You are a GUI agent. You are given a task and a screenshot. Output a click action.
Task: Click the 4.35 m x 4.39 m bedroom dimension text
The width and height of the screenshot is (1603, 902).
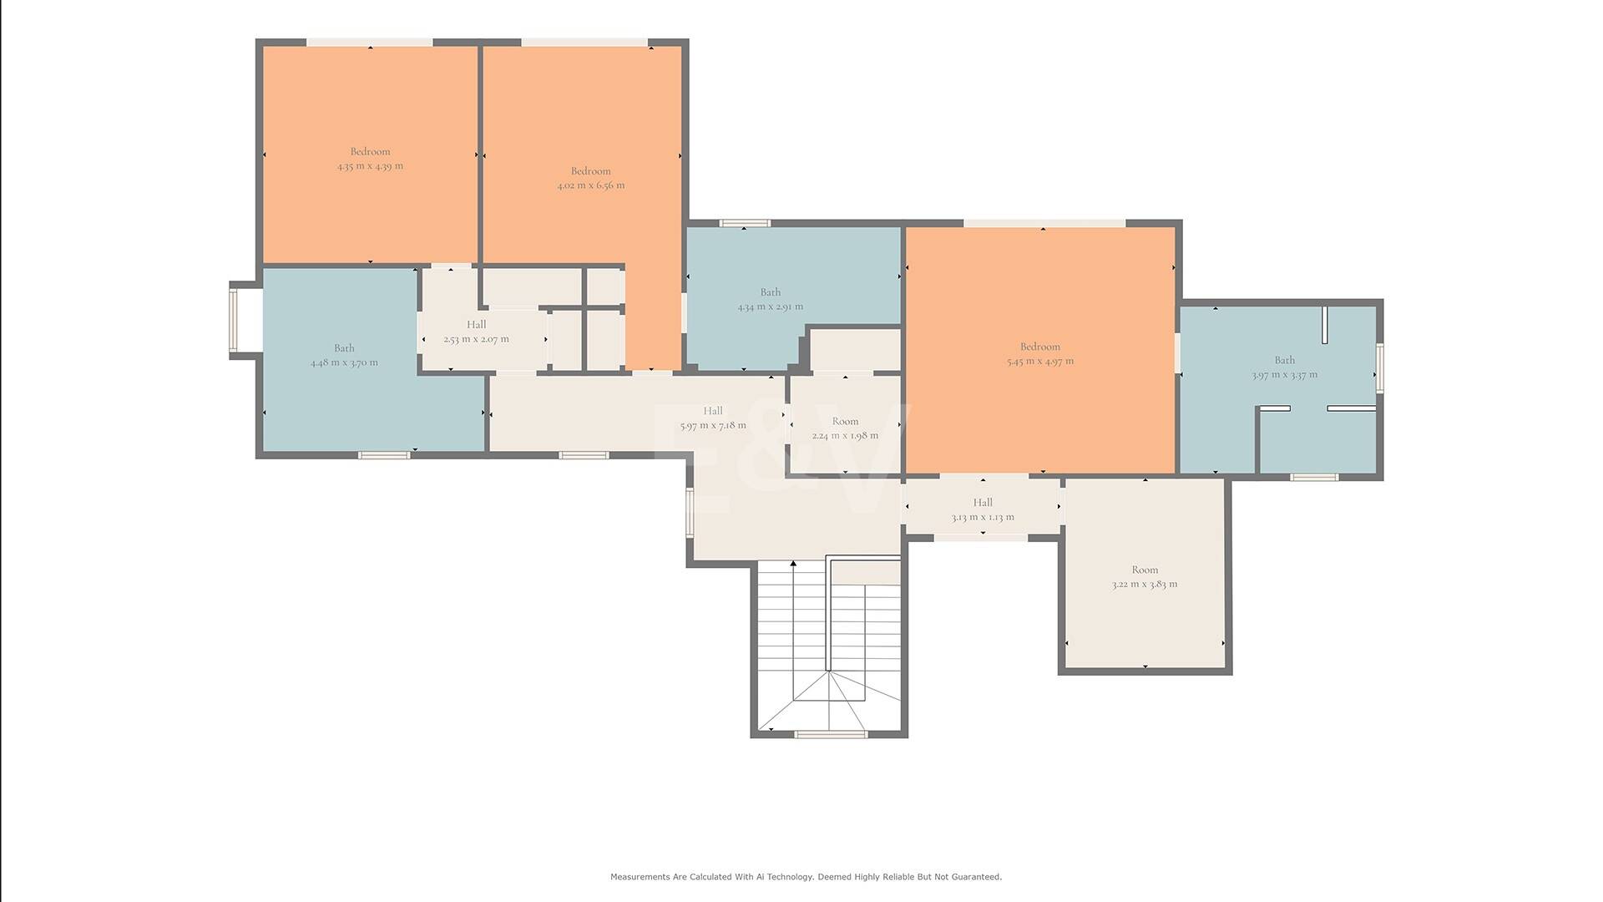370,166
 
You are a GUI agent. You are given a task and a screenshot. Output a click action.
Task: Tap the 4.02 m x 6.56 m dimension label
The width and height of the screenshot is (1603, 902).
591,185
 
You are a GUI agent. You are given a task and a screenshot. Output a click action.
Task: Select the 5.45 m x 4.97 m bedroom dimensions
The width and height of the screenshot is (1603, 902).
1040,362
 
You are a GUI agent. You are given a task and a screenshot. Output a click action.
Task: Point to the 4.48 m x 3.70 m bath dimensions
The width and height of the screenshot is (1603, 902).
344,362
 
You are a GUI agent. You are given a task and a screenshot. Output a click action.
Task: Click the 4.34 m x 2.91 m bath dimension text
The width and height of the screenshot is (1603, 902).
771,307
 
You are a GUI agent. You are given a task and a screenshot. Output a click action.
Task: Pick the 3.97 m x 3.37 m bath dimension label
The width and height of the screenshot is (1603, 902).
1285,375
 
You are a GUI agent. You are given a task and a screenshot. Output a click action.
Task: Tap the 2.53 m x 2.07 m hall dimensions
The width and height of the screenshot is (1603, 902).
476,339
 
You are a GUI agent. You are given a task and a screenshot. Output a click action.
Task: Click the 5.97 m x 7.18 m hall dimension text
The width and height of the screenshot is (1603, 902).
713,425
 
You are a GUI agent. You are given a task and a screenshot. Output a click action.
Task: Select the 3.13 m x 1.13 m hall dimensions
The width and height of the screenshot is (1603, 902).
983,517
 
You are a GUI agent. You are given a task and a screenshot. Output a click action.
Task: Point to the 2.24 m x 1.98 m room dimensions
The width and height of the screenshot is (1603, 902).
845,435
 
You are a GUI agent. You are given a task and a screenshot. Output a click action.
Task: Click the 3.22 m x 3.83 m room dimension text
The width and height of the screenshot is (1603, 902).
1145,584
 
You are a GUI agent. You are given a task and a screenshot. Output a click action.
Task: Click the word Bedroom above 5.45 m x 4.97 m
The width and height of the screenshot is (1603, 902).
1040,347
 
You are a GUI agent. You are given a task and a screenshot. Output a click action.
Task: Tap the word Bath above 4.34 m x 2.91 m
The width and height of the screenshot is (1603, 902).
771,292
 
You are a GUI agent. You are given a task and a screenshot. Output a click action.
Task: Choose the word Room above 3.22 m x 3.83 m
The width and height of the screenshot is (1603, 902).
1145,570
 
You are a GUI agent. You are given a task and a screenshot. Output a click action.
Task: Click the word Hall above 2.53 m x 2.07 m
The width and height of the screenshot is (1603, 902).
476,325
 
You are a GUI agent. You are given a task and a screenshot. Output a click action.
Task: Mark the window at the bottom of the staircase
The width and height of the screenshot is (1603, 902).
831,735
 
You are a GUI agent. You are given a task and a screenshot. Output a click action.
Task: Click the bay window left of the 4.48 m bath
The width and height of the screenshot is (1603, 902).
234,321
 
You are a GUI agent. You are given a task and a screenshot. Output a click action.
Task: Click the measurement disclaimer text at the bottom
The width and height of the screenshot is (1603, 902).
806,877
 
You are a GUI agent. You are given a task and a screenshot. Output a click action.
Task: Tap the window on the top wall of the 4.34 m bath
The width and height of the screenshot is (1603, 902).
745,223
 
